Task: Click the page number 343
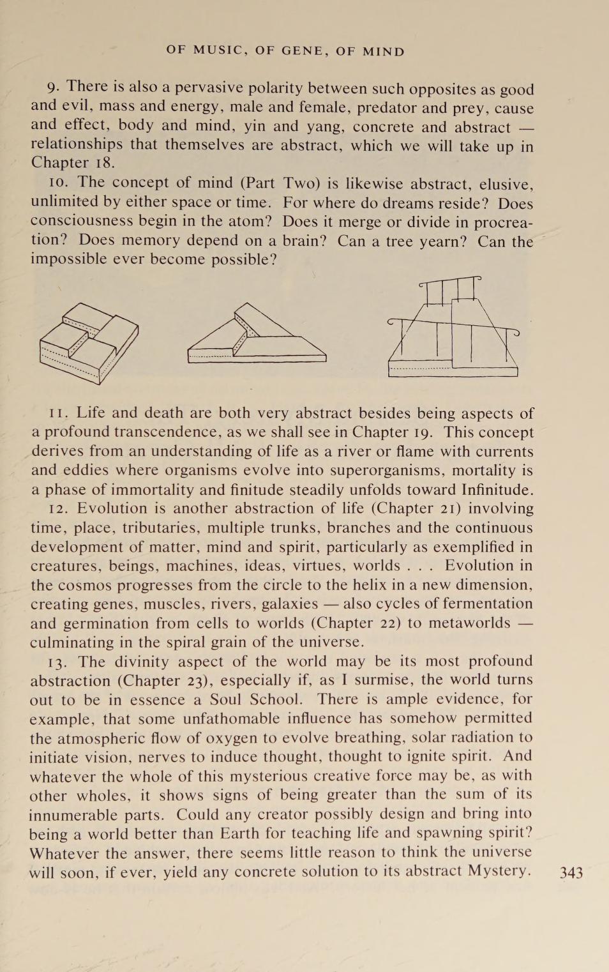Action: (571, 873)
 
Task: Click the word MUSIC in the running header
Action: (219, 51)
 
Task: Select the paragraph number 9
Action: (53, 87)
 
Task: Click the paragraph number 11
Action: (59, 413)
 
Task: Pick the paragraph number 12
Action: (59, 509)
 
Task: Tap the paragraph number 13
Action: (59, 662)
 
